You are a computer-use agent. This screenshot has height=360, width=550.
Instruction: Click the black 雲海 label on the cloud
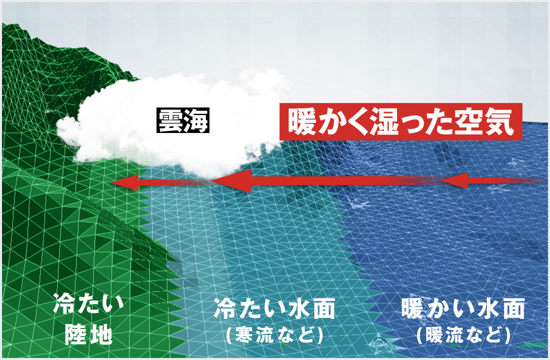(182, 120)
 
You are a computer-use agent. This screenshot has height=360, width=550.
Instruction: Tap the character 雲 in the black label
(170, 120)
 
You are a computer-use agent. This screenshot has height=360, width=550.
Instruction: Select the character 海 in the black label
(195, 120)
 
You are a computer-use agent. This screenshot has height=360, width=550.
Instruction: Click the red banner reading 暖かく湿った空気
(401, 122)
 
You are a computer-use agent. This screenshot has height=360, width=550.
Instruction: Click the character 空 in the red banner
(470, 122)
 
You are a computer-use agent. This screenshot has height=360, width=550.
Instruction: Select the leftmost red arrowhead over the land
(125, 182)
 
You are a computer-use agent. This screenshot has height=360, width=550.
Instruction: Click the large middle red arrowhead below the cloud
(231, 181)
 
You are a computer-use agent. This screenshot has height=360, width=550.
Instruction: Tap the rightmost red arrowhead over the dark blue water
(454, 180)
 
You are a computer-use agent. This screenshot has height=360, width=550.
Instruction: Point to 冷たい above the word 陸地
(88, 303)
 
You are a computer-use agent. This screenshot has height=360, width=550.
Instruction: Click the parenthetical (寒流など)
(274, 334)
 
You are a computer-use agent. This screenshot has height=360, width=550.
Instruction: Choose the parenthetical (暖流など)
(463, 334)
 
